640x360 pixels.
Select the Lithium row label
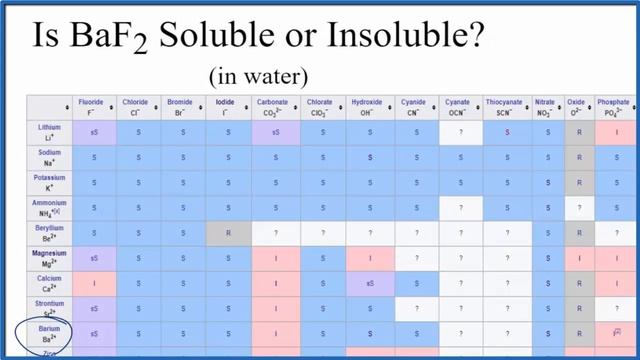pyautogui.click(x=50, y=132)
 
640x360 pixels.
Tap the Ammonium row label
pyautogui.click(x=50, y=208)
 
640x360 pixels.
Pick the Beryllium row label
pyautogui.click(x=50, y=233)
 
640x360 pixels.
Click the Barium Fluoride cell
pyautogui.click(x=93, y=333)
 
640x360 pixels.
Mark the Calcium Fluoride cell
pyautogui.click(x=93, y=283)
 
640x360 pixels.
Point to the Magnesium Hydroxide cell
pyautogui.click(x=369, y=258)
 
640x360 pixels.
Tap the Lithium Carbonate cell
pyautogui.click(x=274, y=132)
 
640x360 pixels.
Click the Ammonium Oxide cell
pyautogui.click(x=579, y=208)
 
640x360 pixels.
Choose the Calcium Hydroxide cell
pyautogui.click(x=369, y=283)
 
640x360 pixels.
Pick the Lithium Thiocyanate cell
pyautogui.click(x=507, y=132)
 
